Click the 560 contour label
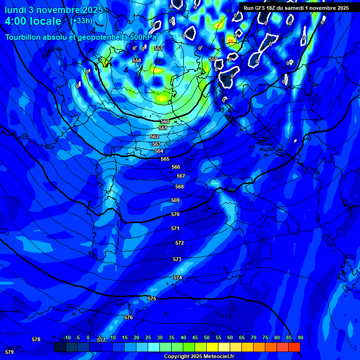pos(165,121)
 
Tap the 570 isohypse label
pos(175,214)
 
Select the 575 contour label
pos(152,299)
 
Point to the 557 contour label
pos(158,48)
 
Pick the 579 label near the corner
pos(9,352)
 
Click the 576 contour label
pos(128,317)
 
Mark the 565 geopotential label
pos(165,159)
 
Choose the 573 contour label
pos(177,259)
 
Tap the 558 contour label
pos(137,60)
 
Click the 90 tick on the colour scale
pos(300,337)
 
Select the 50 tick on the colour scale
pos(207,337)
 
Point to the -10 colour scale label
pos(67,337)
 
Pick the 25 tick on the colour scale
pos(148,337)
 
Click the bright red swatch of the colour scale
pos(294,347)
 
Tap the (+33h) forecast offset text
pos(81,21)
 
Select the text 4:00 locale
pos(33,21)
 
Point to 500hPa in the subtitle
pos(141,37)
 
